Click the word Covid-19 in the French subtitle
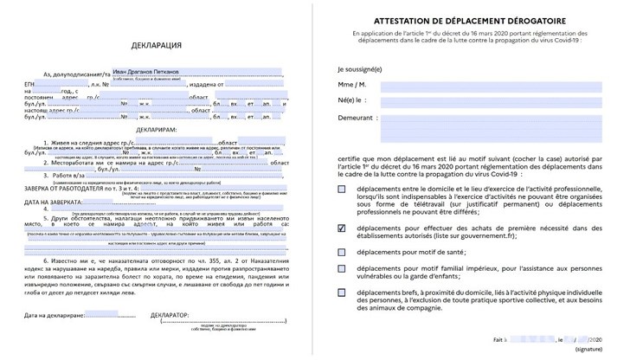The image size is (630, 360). tap(567, 40)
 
